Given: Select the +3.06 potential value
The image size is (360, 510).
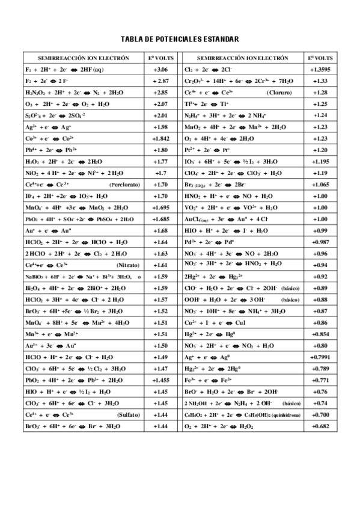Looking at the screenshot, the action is click(160, 70).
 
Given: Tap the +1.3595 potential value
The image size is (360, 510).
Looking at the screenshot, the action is click(320, 70).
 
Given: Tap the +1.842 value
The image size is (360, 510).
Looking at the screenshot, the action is click(160, 138).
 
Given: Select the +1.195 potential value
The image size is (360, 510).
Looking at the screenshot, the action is click(320, 162).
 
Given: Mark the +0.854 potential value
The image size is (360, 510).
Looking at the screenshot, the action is click(320, 334).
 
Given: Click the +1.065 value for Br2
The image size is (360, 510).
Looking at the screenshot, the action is click(320, 185).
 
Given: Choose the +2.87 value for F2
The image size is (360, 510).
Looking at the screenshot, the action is click(160, 81).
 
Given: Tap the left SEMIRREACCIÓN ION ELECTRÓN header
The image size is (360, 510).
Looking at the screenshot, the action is click(84, 58).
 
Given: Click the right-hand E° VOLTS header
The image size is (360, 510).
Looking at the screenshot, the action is click(320, 58).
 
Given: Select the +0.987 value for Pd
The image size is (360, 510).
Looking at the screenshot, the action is click(320, 242).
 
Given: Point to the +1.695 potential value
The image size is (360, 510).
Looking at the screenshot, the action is click(160, 207).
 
